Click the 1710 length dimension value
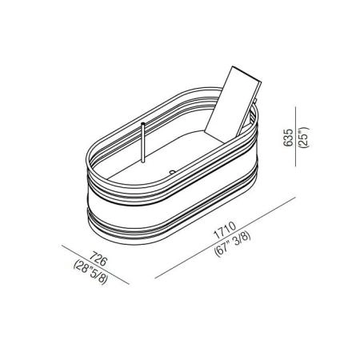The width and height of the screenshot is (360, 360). click(x=225, y=230)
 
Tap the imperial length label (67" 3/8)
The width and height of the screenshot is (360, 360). click(x=233, y=243)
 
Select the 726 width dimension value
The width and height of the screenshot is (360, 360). click(x=98, y=258)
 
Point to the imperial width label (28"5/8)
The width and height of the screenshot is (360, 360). click(x=90, y=272)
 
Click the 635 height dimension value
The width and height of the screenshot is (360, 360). click(x=288, y=138)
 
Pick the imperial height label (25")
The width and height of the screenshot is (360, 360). click(x=304, y=138)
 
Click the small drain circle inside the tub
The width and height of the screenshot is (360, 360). click(x=173, y=172)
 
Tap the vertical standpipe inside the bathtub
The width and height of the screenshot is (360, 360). click(x=143, y=142)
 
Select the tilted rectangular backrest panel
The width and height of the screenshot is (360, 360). click(x=233, y=102)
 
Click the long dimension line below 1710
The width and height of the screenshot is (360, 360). click(x=226, y=238)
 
